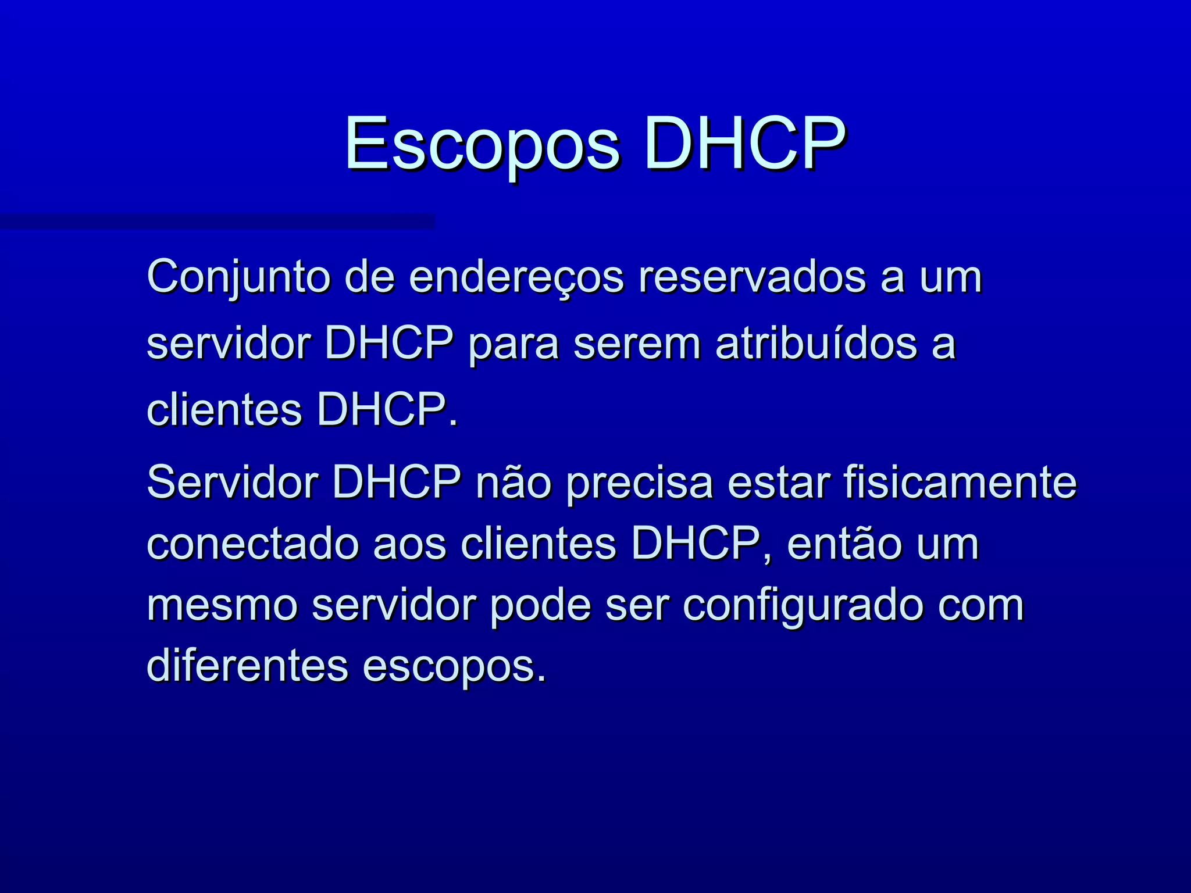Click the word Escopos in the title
tap(482, 144)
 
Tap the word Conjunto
tap(238, 277)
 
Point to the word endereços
tap(516, 277)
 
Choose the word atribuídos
tap(816, 344)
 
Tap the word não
tap(514, 482)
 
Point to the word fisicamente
tap(960, 482)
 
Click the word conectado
tap(252, 545)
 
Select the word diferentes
tap(247, 666)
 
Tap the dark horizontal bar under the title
tap(217, 222)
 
